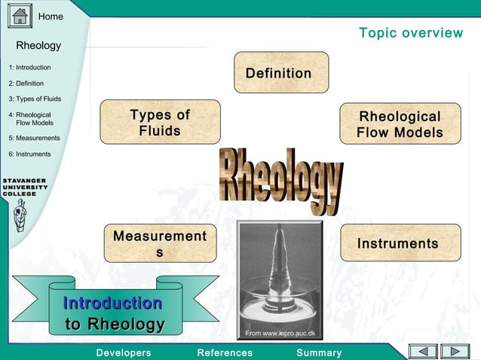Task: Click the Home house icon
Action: pyautogui.click(x=20, y=16)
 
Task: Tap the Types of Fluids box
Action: pyautogui.click(x=160, y=122)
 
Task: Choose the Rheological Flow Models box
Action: pyautogui.click(x=400, y=124)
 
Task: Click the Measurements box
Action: pyautogui.click(x=159, y=243)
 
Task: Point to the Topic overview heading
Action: pyautogui.click(x=411, y=33)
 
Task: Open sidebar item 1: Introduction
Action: pyautogui.click(x=30, y=68)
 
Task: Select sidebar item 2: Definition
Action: pyautogui.click(x=26, y=84)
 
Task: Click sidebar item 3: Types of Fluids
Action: pyautogui.click(x=35, y=99)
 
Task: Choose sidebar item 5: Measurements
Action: pyautogui.click(x=35, y=138)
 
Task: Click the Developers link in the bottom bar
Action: pyautogui.click(x=124, y=352)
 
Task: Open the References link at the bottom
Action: pyautogui.click(x=225, y=352)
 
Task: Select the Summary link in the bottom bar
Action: pyautogui.click(x=319, y=352)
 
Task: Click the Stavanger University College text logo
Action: pyautogui.click(x=25, y=187)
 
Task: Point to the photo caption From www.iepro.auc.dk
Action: pyautogui.click(x=280, y=333)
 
